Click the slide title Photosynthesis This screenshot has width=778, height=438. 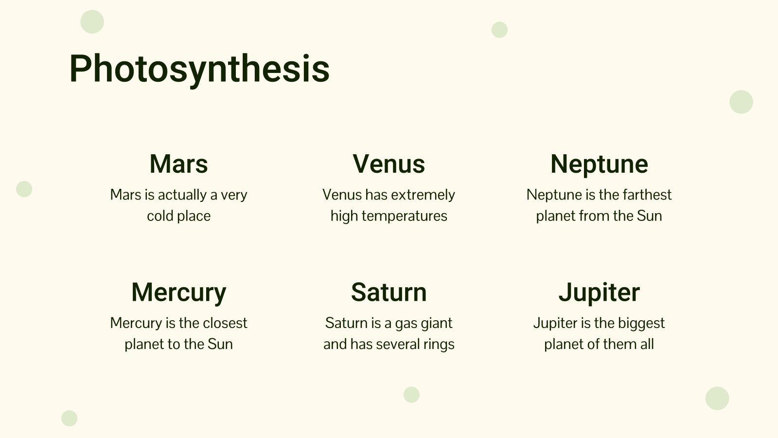pyautogui.click(x=199, y=69)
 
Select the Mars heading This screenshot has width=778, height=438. pyautogui.click(x=178, y=164)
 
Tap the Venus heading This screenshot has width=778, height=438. pyautogui.click(x=389, y=164)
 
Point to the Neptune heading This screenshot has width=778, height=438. pyautogui.click(x=599, y=164)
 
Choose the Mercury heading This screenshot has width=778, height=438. pyautogui.click(x=178, y=292)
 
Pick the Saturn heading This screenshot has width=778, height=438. pyautogui.click(x=389, y=292)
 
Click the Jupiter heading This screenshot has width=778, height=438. pyautogui.click(x=599, y=292)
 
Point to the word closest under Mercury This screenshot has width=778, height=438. pyautogui.click(x=225, y=323)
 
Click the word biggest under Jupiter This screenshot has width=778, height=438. pyautogui.click(x=641, y=323)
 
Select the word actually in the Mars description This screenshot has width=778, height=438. pyautogui.click(x=182, y=195)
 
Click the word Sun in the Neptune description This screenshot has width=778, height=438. pyautogui.click(x=649, y=216)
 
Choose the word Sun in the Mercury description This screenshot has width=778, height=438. pyautogui.click(x=220, y=344)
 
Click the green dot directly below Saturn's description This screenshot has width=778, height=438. pyautogui.click(x=411, y=395)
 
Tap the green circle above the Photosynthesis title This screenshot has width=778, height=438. pyautogui.click(x=92, y=22)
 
